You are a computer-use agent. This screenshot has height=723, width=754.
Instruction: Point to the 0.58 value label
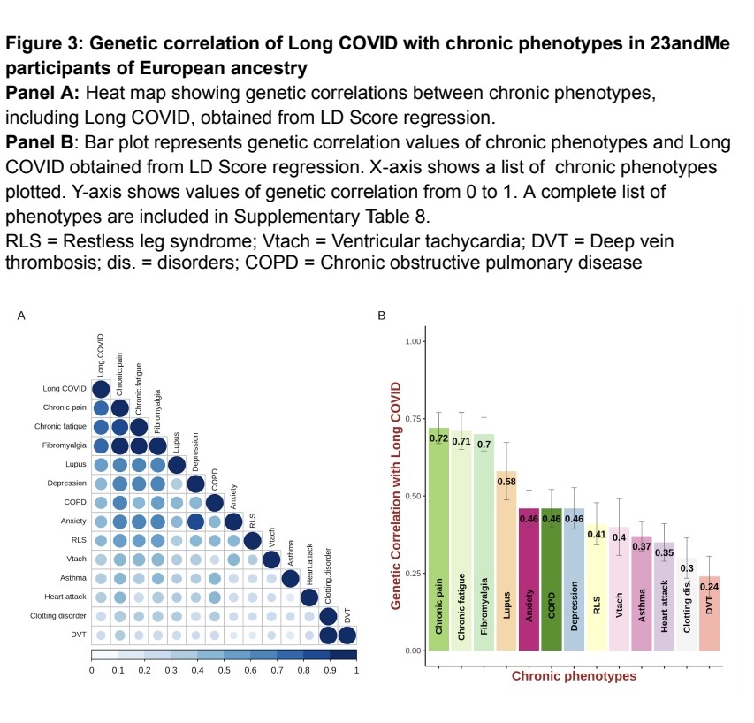(506, 481)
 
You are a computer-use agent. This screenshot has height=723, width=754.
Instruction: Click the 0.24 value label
(710, 586)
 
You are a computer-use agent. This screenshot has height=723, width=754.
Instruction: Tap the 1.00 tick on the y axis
(412, 341)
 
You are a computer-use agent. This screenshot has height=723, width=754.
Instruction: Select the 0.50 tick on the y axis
(412, 496)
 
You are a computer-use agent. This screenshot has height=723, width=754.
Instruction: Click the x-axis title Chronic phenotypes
(574, 676)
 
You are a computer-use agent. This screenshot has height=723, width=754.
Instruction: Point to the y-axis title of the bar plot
(397, 495)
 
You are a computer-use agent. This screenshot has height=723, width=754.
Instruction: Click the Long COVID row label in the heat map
(65, 389)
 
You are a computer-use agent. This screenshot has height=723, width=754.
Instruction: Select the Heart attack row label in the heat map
(64, 597)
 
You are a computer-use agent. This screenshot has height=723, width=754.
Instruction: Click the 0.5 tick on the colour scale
(224, 670)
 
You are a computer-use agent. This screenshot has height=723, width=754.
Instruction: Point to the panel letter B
(382, 315)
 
